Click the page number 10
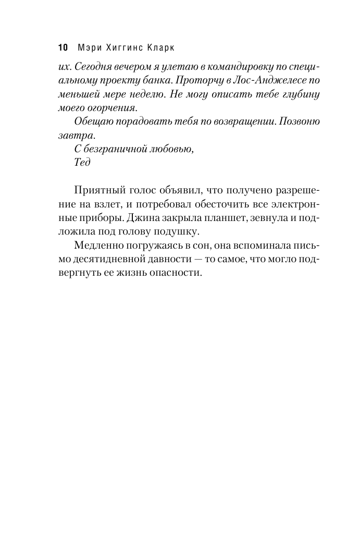coord(62,48)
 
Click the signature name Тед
coord(82,162)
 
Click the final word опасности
coord(177,273)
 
